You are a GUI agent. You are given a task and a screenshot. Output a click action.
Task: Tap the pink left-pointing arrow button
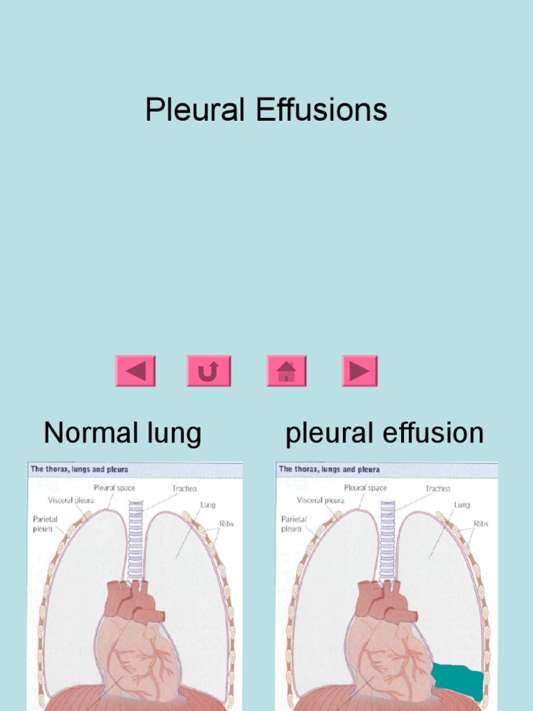tap(135, 371)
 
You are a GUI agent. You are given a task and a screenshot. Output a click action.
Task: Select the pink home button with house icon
tap(286, 371)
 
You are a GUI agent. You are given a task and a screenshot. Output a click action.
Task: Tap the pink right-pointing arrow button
tap(359, 371)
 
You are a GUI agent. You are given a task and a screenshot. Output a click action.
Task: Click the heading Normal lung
tap(122, 433)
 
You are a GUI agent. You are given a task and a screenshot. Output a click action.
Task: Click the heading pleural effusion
tap(384, 433)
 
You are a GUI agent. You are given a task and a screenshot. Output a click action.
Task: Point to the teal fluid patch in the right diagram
tap(458, 680)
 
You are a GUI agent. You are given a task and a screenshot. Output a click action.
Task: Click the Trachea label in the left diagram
tap(185, 489)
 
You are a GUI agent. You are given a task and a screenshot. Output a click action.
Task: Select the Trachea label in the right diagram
tap(437, 489)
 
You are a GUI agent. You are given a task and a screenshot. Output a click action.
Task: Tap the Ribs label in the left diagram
tap(226, 524)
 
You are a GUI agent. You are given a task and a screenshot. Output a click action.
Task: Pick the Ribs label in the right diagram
tap(481, 524)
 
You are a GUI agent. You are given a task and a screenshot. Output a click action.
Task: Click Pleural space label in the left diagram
tap(115, 488)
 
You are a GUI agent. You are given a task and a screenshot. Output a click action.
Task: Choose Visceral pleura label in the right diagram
tap(320, 500)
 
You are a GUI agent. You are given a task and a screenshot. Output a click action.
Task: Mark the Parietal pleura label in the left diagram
tap(42, 524)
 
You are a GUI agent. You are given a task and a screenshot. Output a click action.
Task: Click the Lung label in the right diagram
tap(462, 505)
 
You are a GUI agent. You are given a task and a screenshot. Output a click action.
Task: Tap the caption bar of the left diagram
tap(135, 469)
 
